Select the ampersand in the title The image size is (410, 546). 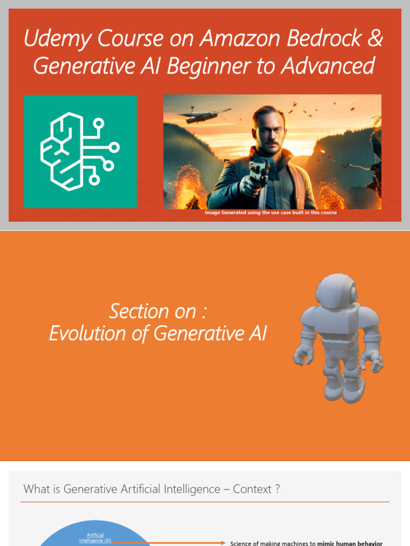376,39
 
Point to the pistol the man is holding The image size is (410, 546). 258,173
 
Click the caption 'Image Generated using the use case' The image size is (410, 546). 256,213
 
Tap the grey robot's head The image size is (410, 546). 335,291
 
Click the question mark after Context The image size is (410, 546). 277,489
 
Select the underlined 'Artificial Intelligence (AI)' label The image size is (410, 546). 95,537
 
